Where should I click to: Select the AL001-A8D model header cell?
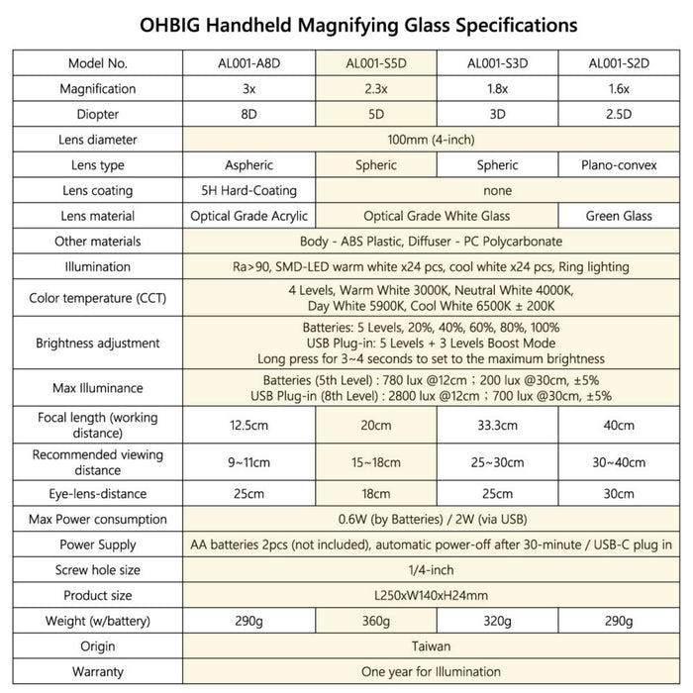point(249,63)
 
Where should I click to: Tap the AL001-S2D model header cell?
point(618,63)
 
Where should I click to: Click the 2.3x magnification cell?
point(377,89)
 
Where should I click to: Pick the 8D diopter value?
point(249,114)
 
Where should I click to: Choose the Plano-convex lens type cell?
point(618,164)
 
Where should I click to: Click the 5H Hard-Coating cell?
point(249,190)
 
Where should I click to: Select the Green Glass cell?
point(618,215)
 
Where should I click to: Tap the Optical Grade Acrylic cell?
point(249,215)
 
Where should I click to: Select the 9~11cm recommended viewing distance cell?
point(249,461)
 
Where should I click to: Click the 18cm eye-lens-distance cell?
point(377,493)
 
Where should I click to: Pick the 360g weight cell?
point(377,621)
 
